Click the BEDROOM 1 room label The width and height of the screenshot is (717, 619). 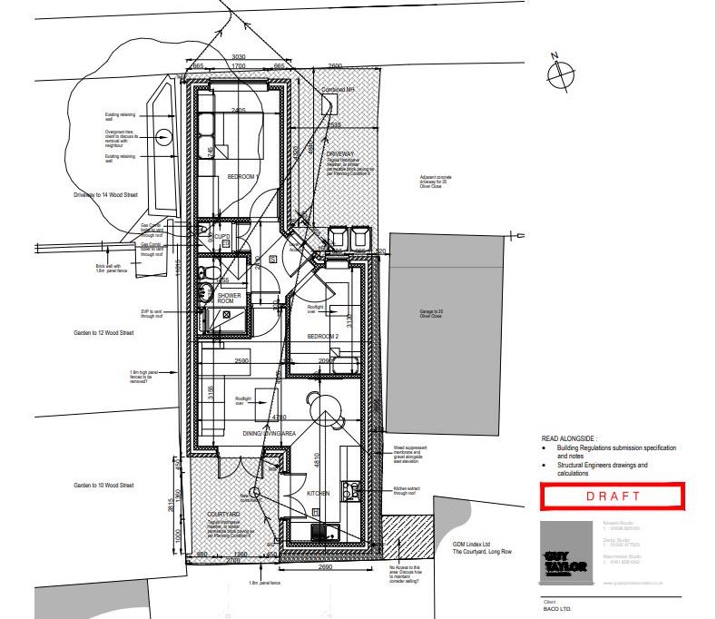pyautogui.click(x=243, y=175)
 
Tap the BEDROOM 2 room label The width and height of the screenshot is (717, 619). pyautogui.click(x=322, y=337)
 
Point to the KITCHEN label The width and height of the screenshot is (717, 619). pyautogui.click(x=318, y=493)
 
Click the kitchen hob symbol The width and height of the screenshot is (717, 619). pyautogui.click(x=349, y=489)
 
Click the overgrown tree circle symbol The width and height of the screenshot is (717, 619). pyautogui.click(x=162, y=138)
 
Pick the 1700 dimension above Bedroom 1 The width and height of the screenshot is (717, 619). pyautogui.click(x=239, y=66)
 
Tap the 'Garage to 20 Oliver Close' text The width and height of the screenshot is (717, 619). pyautogui.click(x=431, y=314)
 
